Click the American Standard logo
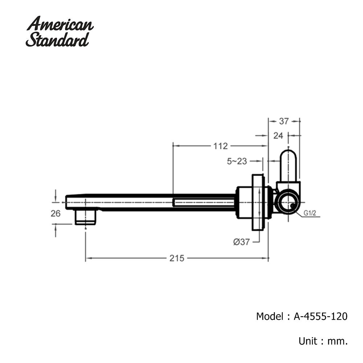tap(60, 31)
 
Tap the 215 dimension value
tap(177, 258)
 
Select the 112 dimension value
tap(220, 146)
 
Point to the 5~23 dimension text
tap(237, 161)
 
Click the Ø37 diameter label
tap(241, 242)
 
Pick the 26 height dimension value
tap(56, 213)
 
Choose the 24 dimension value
tap(278, 136)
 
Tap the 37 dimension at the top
tap(284, 121)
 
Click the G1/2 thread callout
tap(310, 213)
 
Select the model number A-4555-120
tap(321, 316)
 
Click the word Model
tap(270, 316)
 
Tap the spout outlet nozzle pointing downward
tap(85, 217)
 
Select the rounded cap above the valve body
tap(289, 165)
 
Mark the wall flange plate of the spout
tap(257, 202)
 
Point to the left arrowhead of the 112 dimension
tap(175, 146)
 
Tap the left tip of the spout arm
tap(65, 202)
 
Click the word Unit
tap(307, 341)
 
